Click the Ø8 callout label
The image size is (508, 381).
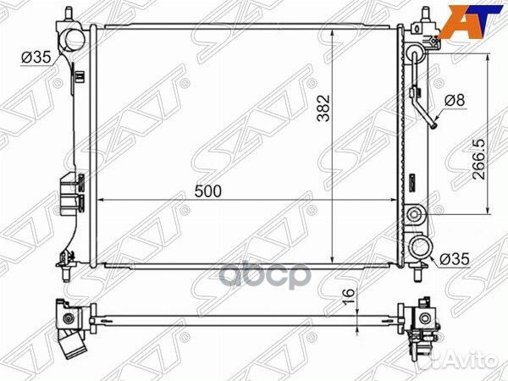pyautogui.click(x=455, y=100)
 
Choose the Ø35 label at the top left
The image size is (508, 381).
pyautogui.click(x=36, y=58)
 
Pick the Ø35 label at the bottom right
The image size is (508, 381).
pyautogui.click(x=454, y=260)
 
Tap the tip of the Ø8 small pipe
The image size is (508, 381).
pyautogui.click(x=430, y=128)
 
